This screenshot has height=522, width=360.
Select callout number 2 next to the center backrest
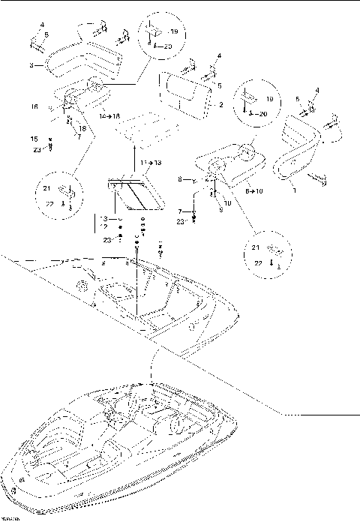[221, 106]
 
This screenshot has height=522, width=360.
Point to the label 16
[34, 108]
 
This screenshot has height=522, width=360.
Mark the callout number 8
[181, 179]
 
